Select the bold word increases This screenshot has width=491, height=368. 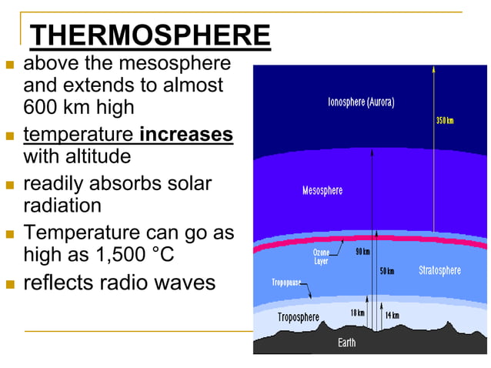(x=186, y=135)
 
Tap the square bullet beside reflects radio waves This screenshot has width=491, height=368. (x=9, y=284)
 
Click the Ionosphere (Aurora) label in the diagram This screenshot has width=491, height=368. (x=366, y=102)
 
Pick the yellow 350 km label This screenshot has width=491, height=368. (x=444, y=121)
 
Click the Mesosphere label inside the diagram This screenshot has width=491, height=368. (x=322, y=190)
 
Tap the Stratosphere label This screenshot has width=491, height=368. (x=439, y=270)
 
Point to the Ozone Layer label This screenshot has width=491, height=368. (x=321, y=256)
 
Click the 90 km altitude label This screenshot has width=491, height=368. (x=362, y=253)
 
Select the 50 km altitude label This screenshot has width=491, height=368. (x=387, y=271)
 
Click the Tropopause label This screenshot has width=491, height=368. (x=288, y=283)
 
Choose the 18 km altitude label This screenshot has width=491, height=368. (x=357, y=313)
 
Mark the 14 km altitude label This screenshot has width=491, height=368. (x=392, y=316)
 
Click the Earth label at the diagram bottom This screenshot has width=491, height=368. (x=346, y=343)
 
